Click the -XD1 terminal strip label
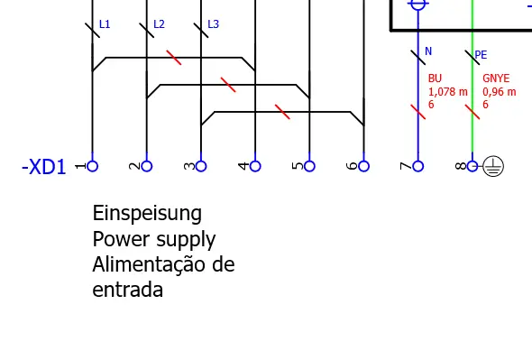tap(43, 168)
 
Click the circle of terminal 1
tap(92, 166)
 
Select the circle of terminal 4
tap(255, 166)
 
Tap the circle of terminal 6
tap(363, 166)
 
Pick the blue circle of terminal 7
tap(418, 166)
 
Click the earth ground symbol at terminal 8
tap(492, 166)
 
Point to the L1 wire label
tap(105, 24)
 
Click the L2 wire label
tap(159, 24)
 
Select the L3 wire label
tap(213, 24)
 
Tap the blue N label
tap(428, 51)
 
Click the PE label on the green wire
tap(482, 55)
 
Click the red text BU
tap(435, 79)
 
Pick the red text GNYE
tap(496, 79)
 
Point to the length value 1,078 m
tap(448, 92)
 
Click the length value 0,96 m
tap(499, 92)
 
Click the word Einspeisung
tap(147, 214)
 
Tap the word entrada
tap(128, 291)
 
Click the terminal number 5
tap(297, 166)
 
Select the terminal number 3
tap(188, 166)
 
